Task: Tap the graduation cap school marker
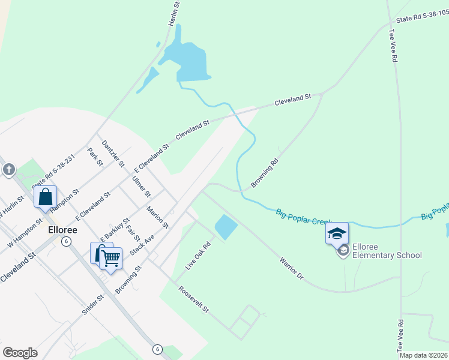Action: [x=337, y=233]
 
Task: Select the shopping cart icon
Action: [x=110, y=259]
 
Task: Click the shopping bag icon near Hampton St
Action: [x=46, y=197]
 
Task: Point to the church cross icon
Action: [x=8, y=170]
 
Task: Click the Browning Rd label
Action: [x=265, y=173]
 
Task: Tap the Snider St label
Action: [x=93, y=307]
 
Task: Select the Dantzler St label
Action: [x=113, y=153]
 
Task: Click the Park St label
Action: [x=94, y=157]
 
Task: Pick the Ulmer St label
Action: [x=142, y=186]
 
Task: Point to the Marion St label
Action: [x=157, y=217]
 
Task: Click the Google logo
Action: [x=20, y=353]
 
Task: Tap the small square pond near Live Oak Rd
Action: [x=226, y=227]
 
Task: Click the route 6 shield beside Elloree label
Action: [x=66, y=241]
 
